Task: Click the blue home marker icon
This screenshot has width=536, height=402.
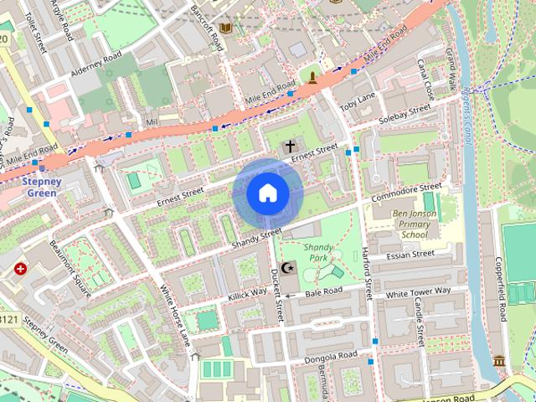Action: coord(267,193)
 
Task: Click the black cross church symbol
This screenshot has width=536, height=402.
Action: coord(290,147)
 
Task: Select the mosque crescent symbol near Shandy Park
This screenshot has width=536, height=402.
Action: coord(287,268)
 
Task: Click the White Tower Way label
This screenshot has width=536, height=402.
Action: coord(418,292)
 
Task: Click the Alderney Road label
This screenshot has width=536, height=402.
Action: coord(95,64)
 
